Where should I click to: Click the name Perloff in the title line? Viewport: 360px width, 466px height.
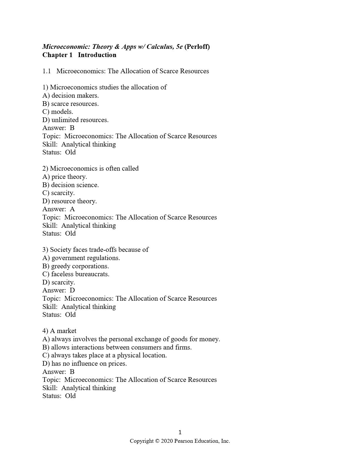[x=197, y=47]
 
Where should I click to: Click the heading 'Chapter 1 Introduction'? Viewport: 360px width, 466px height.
[x=79, y=55]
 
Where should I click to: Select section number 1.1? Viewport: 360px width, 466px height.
[x=46, y=71]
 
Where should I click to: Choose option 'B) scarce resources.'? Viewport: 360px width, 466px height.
[x=71, y=104]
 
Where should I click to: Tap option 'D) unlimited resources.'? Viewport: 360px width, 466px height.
[x=75, y=120]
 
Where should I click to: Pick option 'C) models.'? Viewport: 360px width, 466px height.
[x=58, y=112]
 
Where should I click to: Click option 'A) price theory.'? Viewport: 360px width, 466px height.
[x=65, y=177]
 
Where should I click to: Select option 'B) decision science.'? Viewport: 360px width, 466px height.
[x=71, y=185]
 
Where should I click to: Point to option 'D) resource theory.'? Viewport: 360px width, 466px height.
[x=69, y=201]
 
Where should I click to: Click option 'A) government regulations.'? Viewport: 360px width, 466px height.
[x=81, y=258]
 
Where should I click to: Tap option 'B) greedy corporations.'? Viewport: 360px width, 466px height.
[x=76, y=266]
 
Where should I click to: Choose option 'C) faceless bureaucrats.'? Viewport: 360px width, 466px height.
[x=76, y=274]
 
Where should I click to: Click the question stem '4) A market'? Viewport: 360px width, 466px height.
[x=59, y=331]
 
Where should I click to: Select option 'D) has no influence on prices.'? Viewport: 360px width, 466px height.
[x=85, y=364]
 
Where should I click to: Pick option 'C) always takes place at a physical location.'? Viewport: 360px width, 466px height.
[x=104, y=355]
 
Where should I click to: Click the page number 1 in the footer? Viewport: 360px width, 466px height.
[x=180, y=432]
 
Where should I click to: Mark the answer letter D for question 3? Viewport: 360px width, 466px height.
[x=72, y=290]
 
